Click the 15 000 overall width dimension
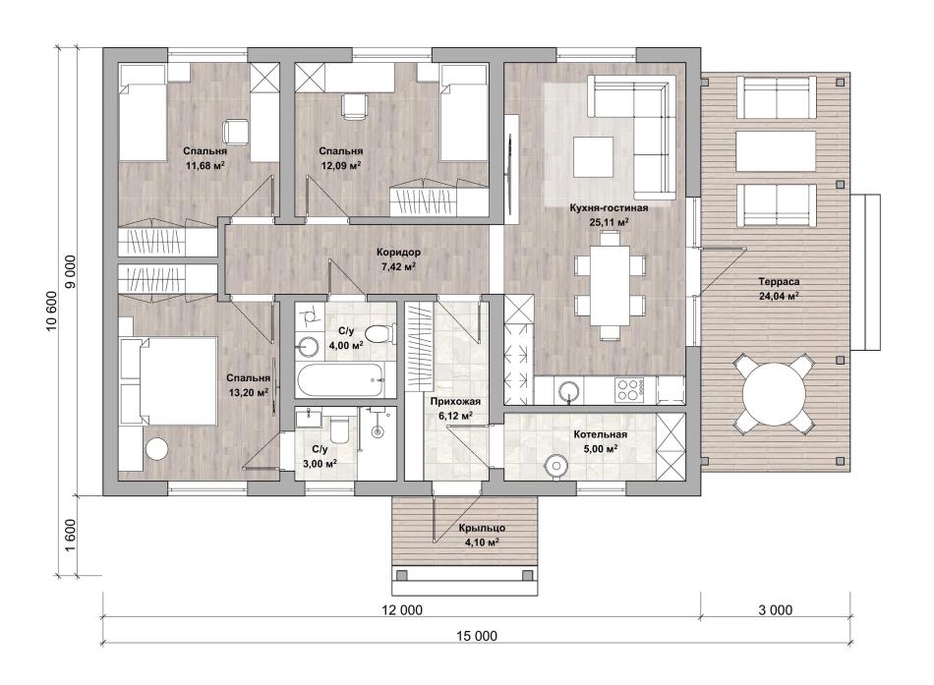click(477, 636)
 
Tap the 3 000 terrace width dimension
click(775, 609)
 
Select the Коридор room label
click(398, 252)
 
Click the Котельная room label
click(600, 434)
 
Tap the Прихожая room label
click(455, 402)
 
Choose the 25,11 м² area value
click(609, 221)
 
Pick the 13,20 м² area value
click(249, 392)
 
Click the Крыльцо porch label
click(482, 528)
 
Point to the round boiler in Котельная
click(556, 465)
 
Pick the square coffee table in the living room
click(593, 156)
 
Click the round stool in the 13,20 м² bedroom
click(158, 448)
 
